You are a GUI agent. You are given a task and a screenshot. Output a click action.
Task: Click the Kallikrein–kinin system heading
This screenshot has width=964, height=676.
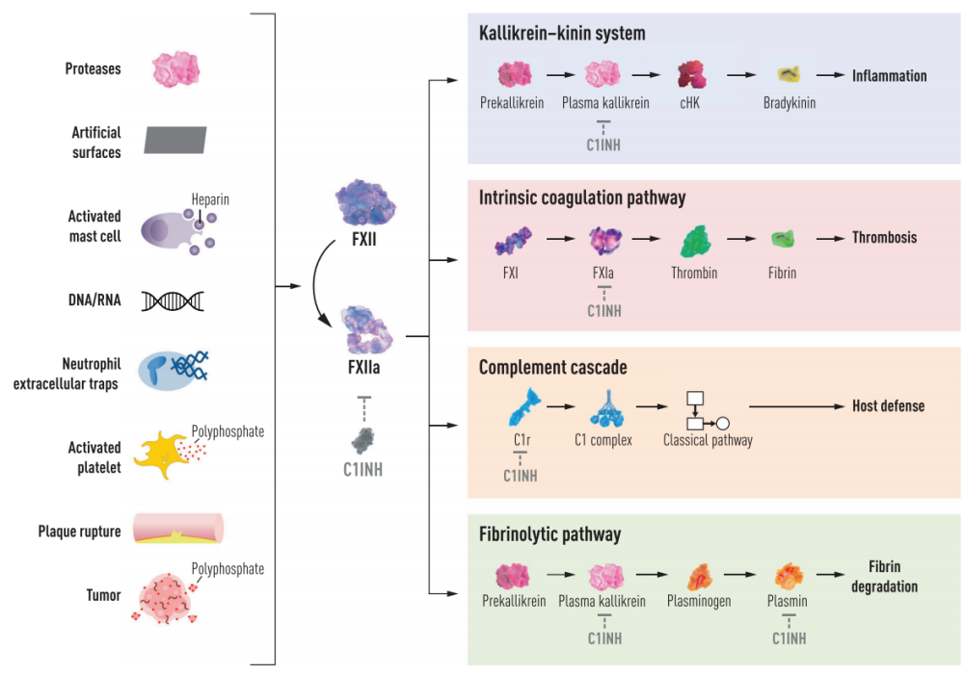point(562,34)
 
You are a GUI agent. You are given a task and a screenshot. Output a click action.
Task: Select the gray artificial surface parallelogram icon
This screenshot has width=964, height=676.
point(175,140)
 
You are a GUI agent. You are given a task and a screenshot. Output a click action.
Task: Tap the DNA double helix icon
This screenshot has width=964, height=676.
point(173,301)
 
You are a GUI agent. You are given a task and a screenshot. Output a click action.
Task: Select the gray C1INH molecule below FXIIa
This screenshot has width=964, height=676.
point(363,439)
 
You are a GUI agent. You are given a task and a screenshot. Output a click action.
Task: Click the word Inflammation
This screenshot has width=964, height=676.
point(889,75)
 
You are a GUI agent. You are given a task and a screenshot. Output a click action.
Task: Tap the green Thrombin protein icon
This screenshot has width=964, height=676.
point(694,240)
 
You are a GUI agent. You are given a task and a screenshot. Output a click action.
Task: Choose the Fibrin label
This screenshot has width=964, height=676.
point(783,273)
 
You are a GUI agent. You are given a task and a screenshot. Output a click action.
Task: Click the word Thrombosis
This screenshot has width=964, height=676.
point(884,237)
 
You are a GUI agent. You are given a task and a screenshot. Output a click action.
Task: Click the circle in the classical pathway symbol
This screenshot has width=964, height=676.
point(721,423)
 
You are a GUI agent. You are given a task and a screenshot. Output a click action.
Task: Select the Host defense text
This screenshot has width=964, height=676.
point(888,405)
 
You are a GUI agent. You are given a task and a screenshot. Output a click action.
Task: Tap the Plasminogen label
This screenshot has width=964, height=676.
point(699,601)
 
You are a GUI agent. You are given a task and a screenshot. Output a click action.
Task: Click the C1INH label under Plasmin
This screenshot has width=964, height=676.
point(789,637)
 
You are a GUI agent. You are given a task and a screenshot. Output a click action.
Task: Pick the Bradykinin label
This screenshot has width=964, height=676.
point(790,102)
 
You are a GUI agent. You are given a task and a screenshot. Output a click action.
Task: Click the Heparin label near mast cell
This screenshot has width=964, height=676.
point(210,199)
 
